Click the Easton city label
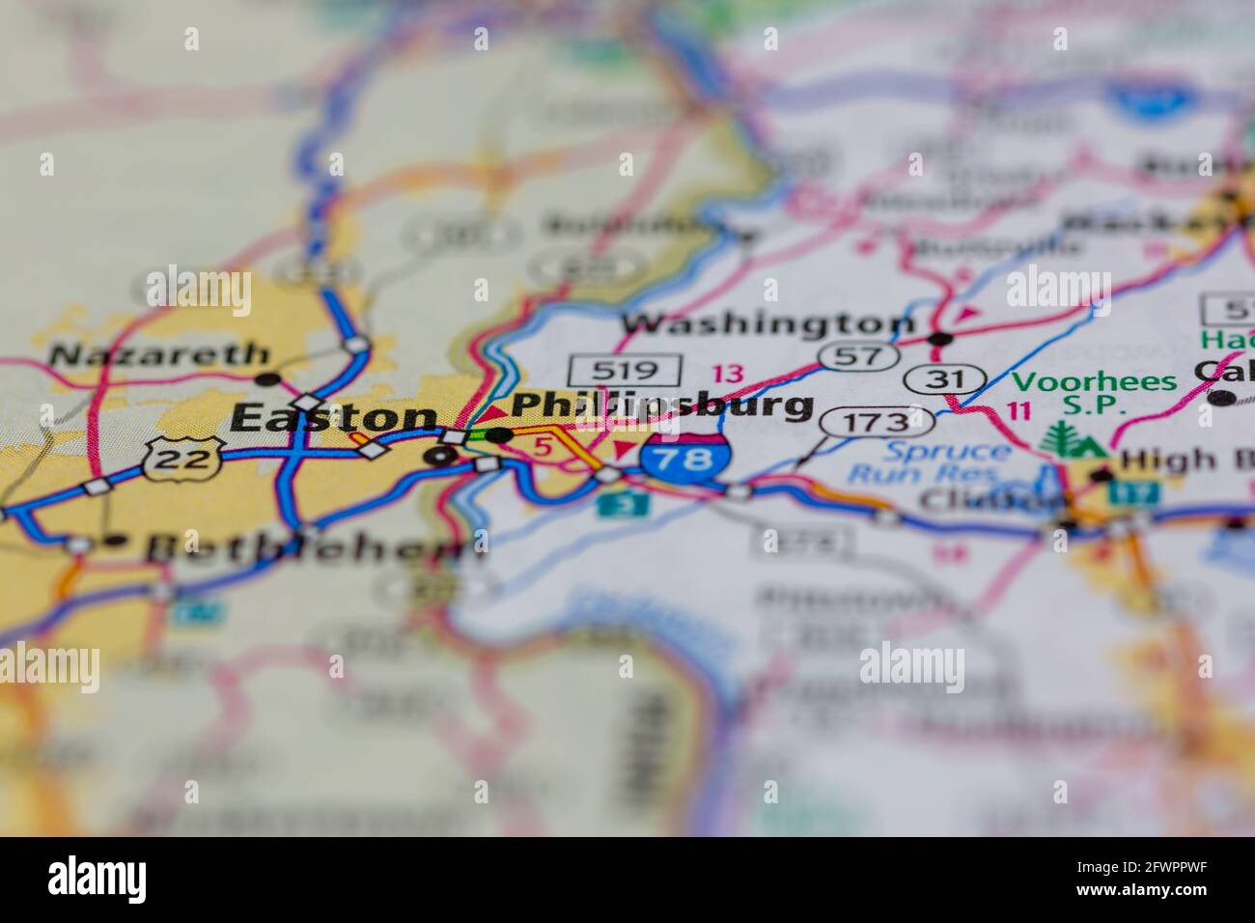point(334,417)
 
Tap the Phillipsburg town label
point(661,406)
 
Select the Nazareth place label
point(158,355)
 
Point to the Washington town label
point(767,323)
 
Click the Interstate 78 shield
point(684,458)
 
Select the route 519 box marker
point(625,369)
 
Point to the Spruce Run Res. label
point(930,462)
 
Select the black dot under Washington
point(940,339)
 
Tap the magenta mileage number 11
point(1018,409)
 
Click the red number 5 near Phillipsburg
point(543,447)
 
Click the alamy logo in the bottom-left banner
point(97,880)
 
